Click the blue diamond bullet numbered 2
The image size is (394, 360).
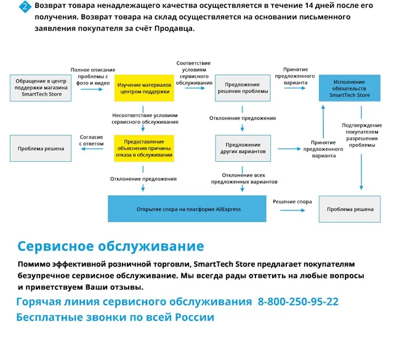[x=24, y=6]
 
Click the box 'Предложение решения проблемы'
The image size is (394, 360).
[x=243, y=88]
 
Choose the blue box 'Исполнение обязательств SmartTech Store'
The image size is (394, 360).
[x=350, y=88]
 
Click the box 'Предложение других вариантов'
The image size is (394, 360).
[x=243, y=148]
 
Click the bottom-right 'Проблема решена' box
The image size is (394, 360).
[x=350, y=209]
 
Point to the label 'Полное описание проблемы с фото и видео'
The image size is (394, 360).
[x=89, y=77]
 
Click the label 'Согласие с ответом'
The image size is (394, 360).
[x=90, y=140]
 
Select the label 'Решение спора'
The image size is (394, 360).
[x=292, y=202]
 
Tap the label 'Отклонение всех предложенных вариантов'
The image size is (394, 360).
[x=243, y=178]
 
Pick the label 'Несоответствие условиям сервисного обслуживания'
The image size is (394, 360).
[x=144, y=118]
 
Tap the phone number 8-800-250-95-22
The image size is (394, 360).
[x=298, y=302]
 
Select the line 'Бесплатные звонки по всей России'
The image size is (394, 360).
[x=115, y=318]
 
